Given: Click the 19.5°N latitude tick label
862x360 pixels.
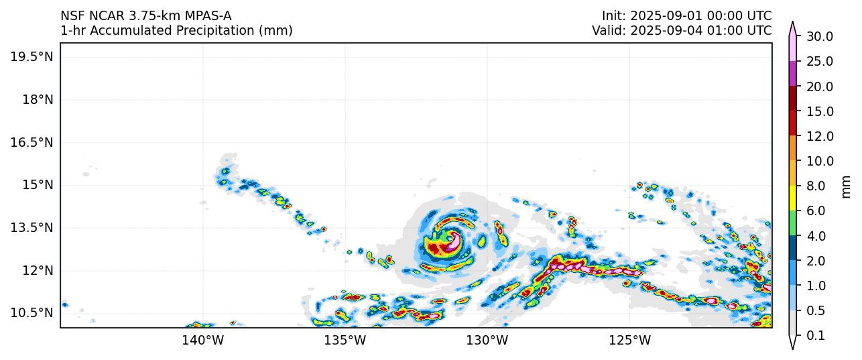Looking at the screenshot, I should coord(32,57).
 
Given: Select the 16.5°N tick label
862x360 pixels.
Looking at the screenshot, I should coord(32,142).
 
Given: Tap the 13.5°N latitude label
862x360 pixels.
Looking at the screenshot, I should coord(32,227).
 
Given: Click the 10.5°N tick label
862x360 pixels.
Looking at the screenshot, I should coord(32,313).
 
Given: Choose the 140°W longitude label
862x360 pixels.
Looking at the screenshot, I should coord(202,341).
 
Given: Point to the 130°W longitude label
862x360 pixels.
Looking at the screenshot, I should coord(487,341).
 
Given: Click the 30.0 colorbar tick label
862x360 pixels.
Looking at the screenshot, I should coord(819,36).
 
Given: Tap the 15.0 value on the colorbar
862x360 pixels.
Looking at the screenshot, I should coord(819,111).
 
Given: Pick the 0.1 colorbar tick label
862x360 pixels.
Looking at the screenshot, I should coord(816,336).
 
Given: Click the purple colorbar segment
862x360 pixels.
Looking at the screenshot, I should coord(792,73).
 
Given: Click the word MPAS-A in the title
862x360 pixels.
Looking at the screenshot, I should coord(208,15).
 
